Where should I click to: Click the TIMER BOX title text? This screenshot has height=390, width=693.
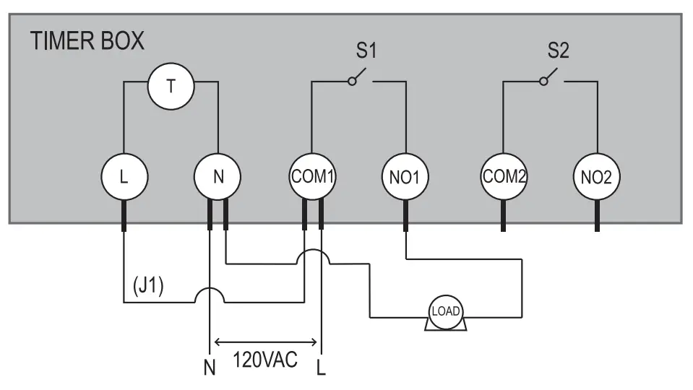[x=87, y=41]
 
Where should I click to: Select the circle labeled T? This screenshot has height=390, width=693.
[x=171, y=86]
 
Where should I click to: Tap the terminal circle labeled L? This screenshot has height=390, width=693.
[x=124, y=176]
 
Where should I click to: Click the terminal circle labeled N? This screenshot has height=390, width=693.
[x=218, y=176]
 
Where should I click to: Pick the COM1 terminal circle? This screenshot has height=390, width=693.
[x=312, y=176]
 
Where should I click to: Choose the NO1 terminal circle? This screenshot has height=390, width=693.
[x=405, y=176]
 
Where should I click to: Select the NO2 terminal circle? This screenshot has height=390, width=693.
[x=596, y=176]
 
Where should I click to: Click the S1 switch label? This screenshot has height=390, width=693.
[x=366, y=51]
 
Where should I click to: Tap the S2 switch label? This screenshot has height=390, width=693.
[x=559, y=51]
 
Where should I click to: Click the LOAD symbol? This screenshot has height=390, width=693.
[x=444, y=312]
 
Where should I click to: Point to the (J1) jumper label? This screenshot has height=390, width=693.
[x=149, y=286]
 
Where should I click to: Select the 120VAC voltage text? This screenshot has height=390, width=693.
[x=264, y=359]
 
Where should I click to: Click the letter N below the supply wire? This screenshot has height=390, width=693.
[x=210, y=367]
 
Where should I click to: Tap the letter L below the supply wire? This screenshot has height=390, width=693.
[x=321, y=367]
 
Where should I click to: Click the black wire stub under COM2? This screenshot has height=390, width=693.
[x=503, y=217]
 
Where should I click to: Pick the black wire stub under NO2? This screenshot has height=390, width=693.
[x=597, y=217]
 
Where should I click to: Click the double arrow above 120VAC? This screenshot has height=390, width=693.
[x=266, y=342]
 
